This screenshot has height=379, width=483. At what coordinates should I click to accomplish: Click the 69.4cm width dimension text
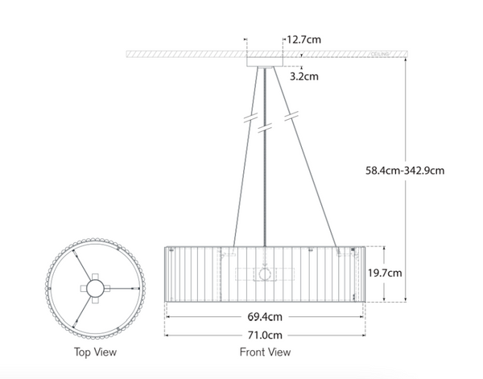click(265, 317)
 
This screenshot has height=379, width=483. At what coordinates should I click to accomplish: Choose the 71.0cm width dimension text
click(265, 335)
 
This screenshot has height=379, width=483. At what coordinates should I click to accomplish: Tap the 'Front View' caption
click(265, 352)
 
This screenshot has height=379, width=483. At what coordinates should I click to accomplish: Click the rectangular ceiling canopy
click(264, 62)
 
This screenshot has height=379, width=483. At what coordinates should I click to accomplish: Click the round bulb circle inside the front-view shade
click(264, 274)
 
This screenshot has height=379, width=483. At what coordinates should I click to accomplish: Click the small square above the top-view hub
click(93, 276)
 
